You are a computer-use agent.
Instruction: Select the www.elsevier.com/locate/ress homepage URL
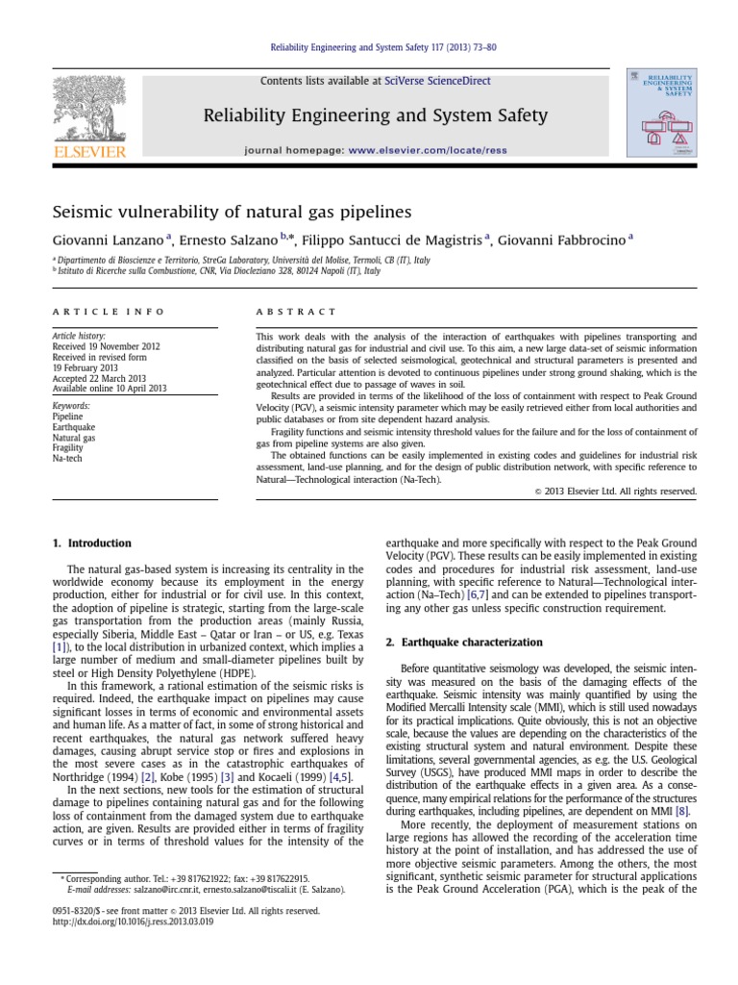tap(441, 151)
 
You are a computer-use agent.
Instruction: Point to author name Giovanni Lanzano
tap(105, 240)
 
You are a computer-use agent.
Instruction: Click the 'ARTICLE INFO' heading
tap(108, 312)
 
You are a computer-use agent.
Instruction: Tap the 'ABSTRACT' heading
tap(296, 312)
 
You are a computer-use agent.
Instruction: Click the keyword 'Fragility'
tap(68, 448)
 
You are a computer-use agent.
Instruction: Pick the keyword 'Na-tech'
tap(66, 459)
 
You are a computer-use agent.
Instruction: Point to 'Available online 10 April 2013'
tap(111, 389)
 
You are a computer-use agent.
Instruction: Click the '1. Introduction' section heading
tap(92, 543)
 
